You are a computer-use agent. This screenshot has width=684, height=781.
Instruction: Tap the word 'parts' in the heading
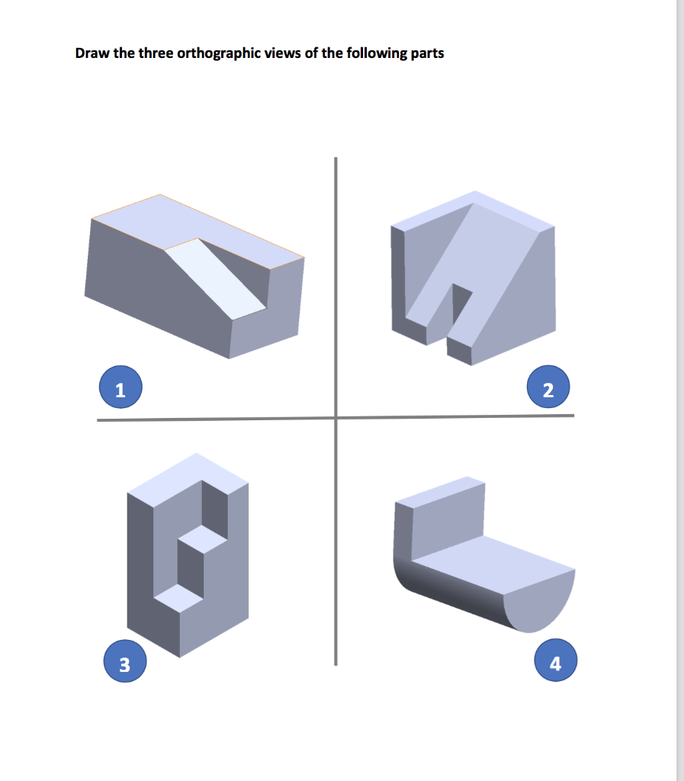428,53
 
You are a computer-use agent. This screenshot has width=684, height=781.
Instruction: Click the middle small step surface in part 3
203,539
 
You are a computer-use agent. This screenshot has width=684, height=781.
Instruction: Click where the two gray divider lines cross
335,417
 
